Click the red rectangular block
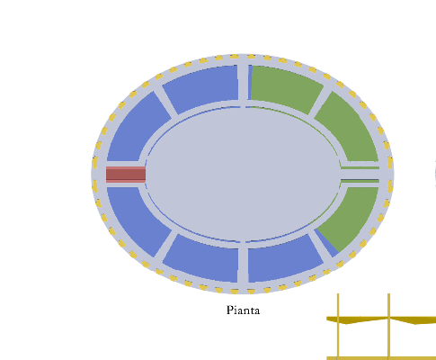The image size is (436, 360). (126, 175)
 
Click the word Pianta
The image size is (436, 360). (243, 310)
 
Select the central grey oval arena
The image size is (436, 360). (243, 174)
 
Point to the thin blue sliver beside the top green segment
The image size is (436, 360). (250, 83)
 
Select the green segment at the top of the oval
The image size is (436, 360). (285, 88)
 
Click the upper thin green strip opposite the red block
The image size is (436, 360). (360, 168)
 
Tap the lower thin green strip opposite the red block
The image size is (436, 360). (360, 181)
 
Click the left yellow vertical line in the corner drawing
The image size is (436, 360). (338, 327)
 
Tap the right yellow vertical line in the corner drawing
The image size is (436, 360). (389, 327)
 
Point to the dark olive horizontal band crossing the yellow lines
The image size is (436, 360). (381, 320)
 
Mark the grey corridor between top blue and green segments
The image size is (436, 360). (243, 82)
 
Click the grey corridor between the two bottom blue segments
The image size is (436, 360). (243, 265)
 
